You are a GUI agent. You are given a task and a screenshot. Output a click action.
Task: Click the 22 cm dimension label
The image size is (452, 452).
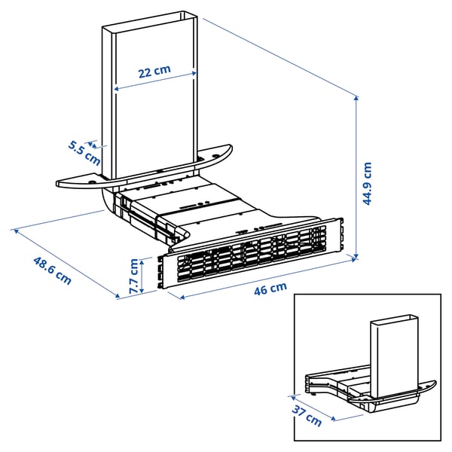tap(154, 72)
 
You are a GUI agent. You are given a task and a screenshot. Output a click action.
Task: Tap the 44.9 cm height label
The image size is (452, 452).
tap(366, 184)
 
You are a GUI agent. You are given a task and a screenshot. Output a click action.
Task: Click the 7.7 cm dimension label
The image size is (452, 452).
tap(134, 276)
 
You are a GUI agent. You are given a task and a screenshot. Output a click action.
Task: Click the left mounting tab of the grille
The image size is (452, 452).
tap(160, 272)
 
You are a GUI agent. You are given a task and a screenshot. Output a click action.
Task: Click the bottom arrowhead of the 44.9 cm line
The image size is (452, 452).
tap(355, 256)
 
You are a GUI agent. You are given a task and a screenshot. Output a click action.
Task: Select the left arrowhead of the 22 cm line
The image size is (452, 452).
tap(116, 88)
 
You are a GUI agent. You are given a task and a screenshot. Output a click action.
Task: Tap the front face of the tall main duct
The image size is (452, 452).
tap(155, 113)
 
